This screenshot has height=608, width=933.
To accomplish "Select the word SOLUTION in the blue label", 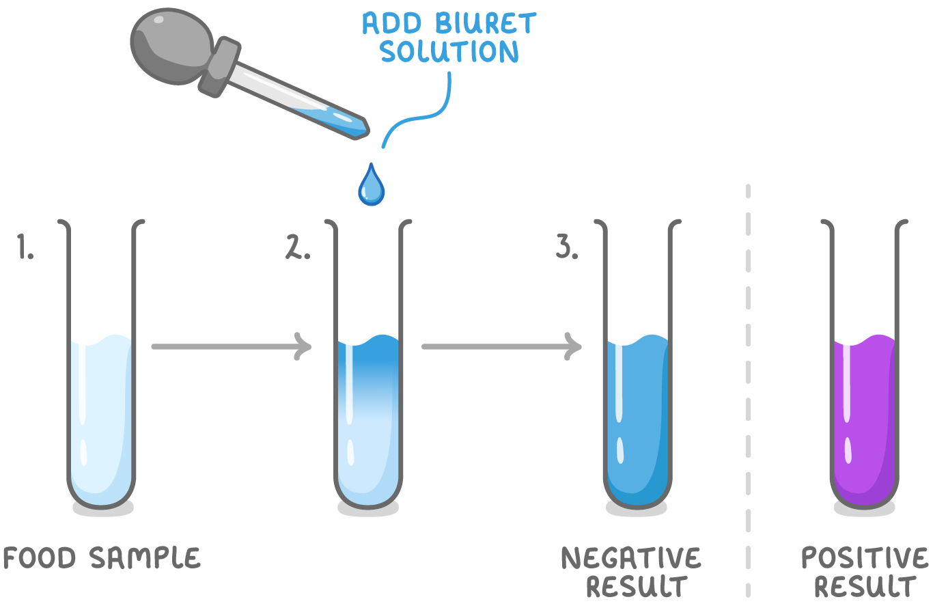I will (449, 52).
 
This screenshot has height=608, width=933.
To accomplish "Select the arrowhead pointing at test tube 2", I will (303, 346).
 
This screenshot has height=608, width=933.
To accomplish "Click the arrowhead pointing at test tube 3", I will (573, 346).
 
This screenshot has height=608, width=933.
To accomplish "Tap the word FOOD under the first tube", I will (40, 559).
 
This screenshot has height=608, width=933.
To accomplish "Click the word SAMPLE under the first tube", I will (145, 559).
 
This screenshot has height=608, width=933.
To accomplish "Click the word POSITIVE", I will (865, 559).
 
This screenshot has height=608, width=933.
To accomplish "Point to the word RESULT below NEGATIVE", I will (637, 587).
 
